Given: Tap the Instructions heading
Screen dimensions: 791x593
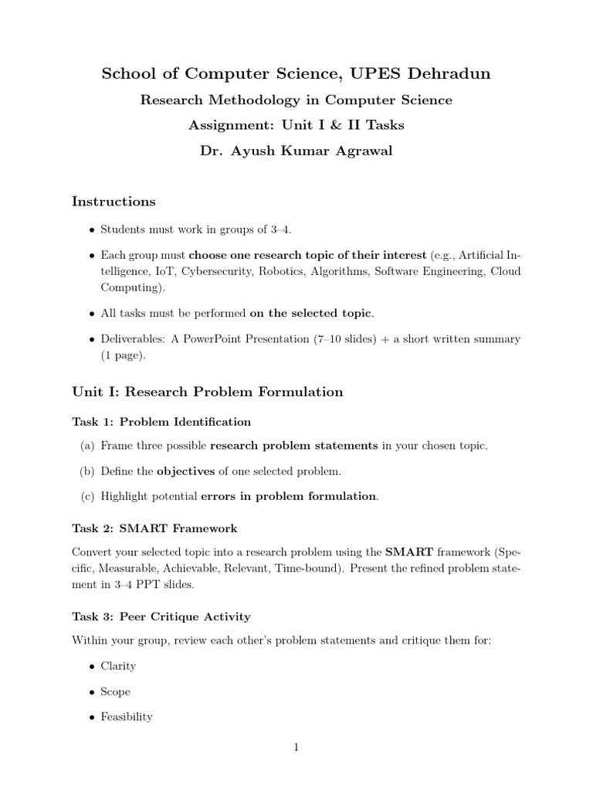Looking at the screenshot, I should coord(114,202).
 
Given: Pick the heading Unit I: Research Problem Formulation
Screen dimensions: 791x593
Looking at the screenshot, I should coord(207,392).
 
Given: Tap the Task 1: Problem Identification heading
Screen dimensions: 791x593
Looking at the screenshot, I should coord(161,422).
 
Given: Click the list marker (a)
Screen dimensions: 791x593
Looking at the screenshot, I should coord(86,446).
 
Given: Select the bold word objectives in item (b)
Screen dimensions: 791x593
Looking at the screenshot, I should coord(186,470).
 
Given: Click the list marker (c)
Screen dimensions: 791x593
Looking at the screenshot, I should coord(86,496).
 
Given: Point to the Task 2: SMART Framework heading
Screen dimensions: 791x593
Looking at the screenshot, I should coord(154,528).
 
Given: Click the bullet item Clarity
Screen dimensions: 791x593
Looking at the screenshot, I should coord(118,666).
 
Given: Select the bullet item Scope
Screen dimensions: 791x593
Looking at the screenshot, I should coord(116,691).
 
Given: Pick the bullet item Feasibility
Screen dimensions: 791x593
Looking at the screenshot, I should coord(127,717).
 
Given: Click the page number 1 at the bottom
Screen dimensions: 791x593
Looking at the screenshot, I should coord(296,747).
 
